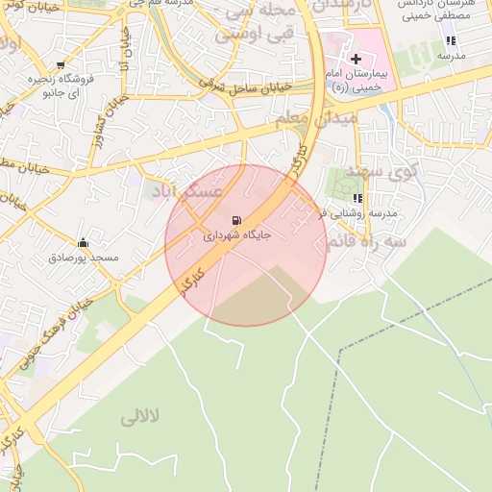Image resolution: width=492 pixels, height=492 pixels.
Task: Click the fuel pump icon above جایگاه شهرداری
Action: [x=237, y=220]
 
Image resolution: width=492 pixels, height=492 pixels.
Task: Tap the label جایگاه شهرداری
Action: [x=237, y=234]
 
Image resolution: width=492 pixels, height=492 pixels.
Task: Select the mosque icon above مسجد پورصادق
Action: [x=83, y=243]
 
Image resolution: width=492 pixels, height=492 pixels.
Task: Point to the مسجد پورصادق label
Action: [x=84, y=258]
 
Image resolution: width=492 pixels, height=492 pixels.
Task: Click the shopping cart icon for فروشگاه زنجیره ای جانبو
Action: [x=61, y=65]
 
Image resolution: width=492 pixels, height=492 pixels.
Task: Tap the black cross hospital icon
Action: [x=356, y=59]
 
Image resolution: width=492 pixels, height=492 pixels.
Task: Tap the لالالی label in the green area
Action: [x=143, y=418]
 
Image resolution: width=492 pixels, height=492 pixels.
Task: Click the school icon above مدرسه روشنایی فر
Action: [x=357, y=199]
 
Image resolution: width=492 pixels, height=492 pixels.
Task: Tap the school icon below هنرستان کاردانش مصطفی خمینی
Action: [x=450, y=40]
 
